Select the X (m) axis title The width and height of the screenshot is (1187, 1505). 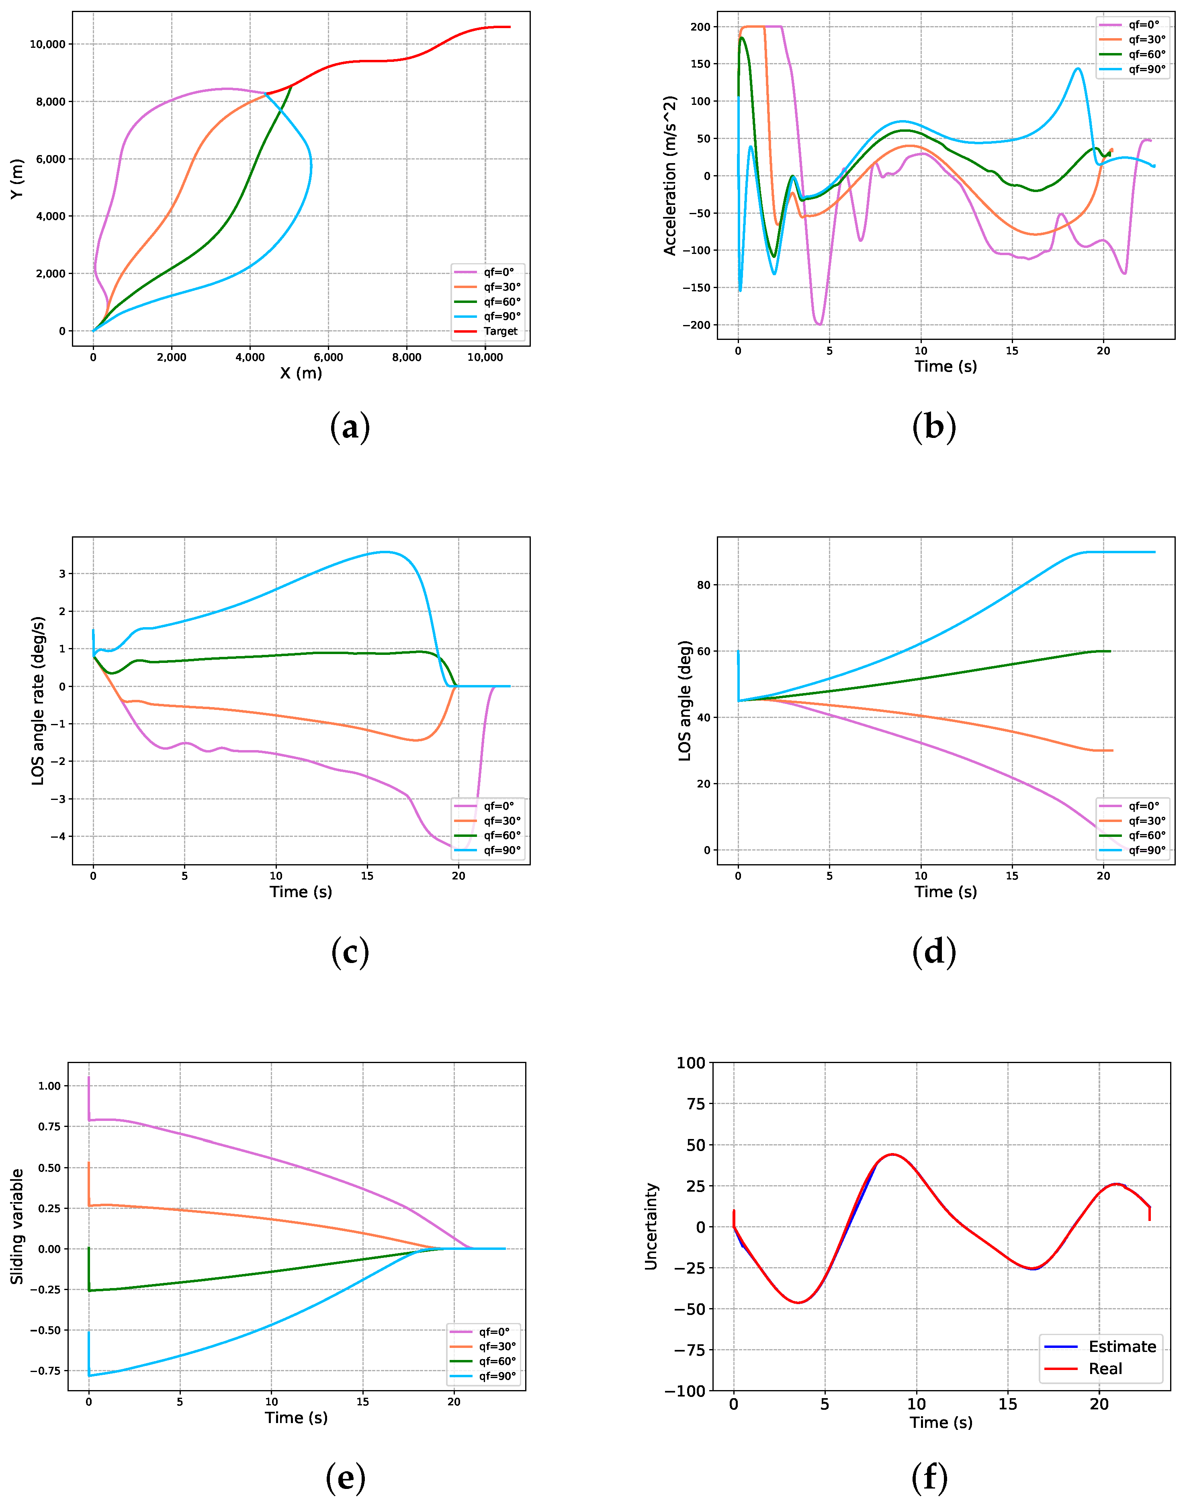click(301, 373)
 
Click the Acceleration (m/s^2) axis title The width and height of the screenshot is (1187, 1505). click(670, 176)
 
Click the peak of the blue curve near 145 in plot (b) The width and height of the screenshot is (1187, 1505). click(1078, 68)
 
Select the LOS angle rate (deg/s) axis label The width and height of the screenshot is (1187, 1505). click(38, 700)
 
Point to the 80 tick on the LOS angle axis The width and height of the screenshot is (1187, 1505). click(703, 585)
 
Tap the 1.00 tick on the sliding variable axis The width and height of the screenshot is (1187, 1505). click(49, 1086)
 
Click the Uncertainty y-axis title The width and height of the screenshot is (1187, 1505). click(651, 1226)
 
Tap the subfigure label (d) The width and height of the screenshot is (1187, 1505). click(933, 952)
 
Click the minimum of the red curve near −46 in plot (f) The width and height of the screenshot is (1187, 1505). click(799, 1303)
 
